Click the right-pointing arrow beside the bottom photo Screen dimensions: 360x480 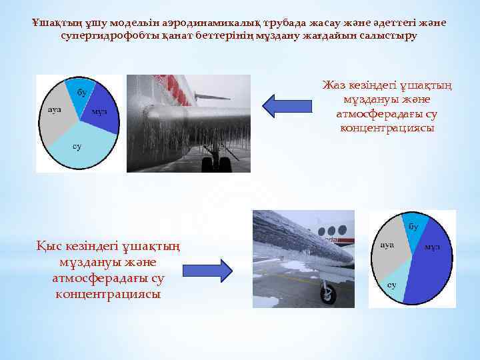[206, 269]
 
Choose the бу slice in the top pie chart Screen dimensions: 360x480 [79, 93]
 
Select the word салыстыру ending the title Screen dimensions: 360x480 [393, 35]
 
